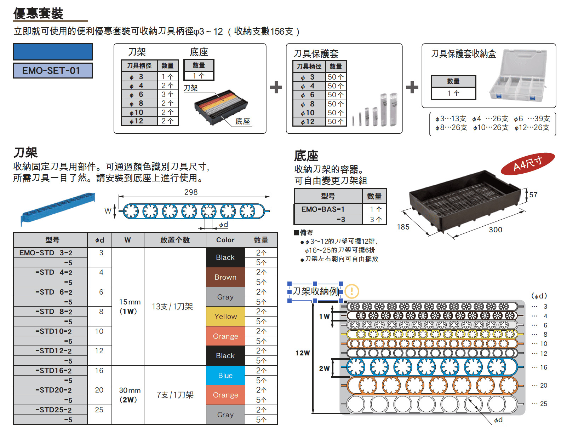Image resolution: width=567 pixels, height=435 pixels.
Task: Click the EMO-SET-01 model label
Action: tap(53, 70)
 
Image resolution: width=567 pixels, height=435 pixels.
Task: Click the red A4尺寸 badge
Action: tap(527, 163)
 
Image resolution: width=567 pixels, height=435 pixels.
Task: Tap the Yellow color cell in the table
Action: tap(225, 317)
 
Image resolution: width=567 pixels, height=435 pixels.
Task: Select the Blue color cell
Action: tap(225, 375)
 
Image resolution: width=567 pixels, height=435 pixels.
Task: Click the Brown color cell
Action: tap(225, 277)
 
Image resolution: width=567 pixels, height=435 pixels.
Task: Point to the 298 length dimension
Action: tap(191, 192)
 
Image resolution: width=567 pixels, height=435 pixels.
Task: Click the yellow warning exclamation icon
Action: tap(352, 291)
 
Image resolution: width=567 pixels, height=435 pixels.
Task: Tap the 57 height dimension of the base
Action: tap(533, 195)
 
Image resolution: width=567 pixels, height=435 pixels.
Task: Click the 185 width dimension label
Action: tap(403, 227)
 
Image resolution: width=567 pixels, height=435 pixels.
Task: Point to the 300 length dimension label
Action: tap(496, 230)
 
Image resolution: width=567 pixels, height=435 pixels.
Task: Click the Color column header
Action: tap(225, 240)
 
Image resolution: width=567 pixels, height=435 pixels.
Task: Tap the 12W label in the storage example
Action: tap(303, 353)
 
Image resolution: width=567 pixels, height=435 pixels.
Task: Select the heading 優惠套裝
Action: tap(38, 13)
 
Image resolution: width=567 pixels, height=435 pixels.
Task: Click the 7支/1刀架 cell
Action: tap(175, 395)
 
